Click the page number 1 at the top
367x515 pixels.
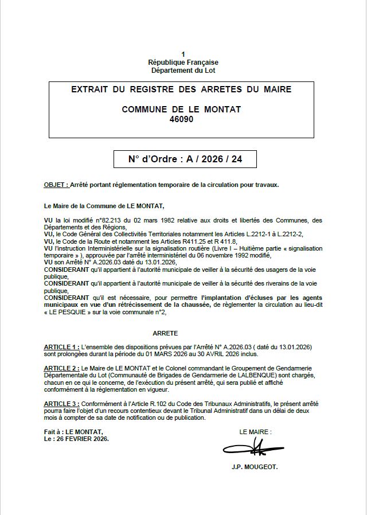pos(183,54)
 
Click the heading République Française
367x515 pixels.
pos(183,62)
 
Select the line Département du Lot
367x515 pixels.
pos(183,71)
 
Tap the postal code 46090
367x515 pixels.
pos(182,120)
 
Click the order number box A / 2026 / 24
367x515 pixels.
pos(185,159)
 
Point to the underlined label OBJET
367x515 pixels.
pos(56,185)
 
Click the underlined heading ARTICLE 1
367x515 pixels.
pos(61,348)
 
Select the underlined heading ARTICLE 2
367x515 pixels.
pos(61,368)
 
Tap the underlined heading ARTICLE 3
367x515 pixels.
pos(61,404)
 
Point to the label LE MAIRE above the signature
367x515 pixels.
pos(255,432)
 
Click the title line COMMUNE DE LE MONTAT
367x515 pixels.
pos(182,109)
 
